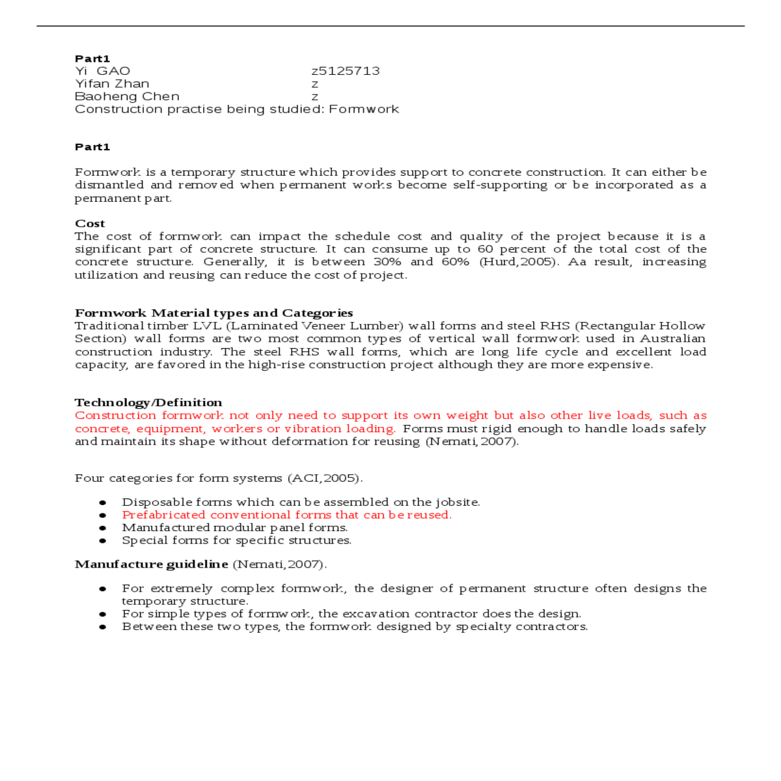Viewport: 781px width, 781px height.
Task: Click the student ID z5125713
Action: [x=346, y=71]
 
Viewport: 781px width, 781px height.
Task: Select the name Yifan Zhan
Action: [x=112, y=84]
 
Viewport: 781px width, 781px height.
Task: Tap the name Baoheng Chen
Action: [x=127, y=96]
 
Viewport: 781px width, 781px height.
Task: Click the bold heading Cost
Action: [x=90, y=223]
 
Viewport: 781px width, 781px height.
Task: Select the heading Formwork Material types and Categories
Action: [x=213, y=313]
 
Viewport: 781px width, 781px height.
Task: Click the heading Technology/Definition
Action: [x=148, y=402]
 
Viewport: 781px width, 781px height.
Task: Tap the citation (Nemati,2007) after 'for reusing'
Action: [x=472, y=441]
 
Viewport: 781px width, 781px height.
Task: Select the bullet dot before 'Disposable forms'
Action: [x=103, y=502]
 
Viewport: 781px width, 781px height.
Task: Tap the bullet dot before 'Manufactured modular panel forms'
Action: [x=103, y=528]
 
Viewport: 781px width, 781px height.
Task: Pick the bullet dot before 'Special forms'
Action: [x=103, y=540]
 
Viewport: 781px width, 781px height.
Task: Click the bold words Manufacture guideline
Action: [x=152, y=564]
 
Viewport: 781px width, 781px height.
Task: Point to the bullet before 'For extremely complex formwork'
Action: [x=103, y=588]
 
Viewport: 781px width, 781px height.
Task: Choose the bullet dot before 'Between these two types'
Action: [x=103, y=627]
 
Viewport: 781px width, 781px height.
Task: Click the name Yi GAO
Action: [x=103, y=71]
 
